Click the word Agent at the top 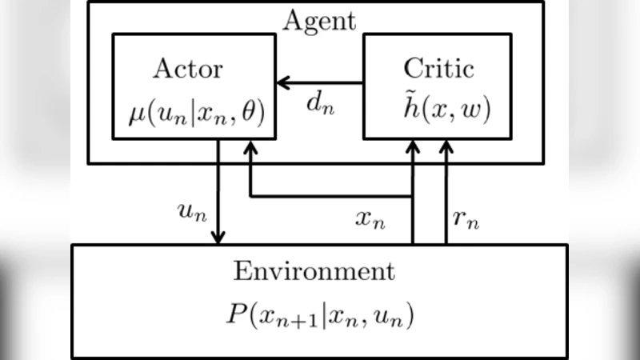tap(319, 20)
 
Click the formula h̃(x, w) tap(438, 113)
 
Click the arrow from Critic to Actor tap(320, 83)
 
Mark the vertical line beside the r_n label tap(446, 200)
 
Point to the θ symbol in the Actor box tap(255, 113)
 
